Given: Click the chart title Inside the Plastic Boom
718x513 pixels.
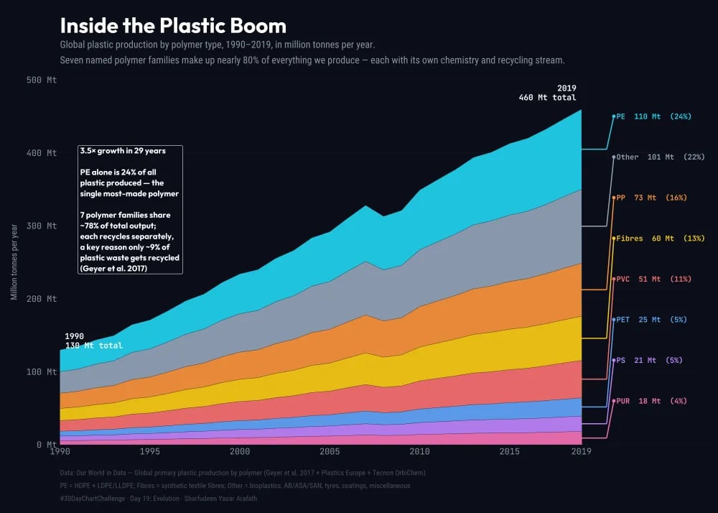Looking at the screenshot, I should point(173,26).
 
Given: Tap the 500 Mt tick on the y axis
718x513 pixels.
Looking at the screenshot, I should point(42,80).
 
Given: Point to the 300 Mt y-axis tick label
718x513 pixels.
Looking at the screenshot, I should point(42,226).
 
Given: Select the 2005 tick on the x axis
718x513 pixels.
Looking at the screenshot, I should point(330,452).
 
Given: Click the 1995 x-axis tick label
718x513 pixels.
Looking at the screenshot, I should point(150,452).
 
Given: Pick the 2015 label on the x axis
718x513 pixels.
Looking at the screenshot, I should point(509,452).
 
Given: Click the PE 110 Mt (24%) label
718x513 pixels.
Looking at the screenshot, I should point(653,116).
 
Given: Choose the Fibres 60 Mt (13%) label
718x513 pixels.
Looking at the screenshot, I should point(660,238).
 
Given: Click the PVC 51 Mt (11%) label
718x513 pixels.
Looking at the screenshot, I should point(653,279).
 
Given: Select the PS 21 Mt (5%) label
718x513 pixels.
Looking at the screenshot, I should point(648,360).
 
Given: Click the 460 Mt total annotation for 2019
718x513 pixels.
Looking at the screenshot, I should point(547,97).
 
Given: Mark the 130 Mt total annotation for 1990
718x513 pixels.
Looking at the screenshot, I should point(93,346).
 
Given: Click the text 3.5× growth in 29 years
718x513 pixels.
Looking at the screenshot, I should point(123,151).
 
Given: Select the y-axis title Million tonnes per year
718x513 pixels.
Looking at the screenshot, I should point(14,262).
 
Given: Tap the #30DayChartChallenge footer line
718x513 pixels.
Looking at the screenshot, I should point(193,498).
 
